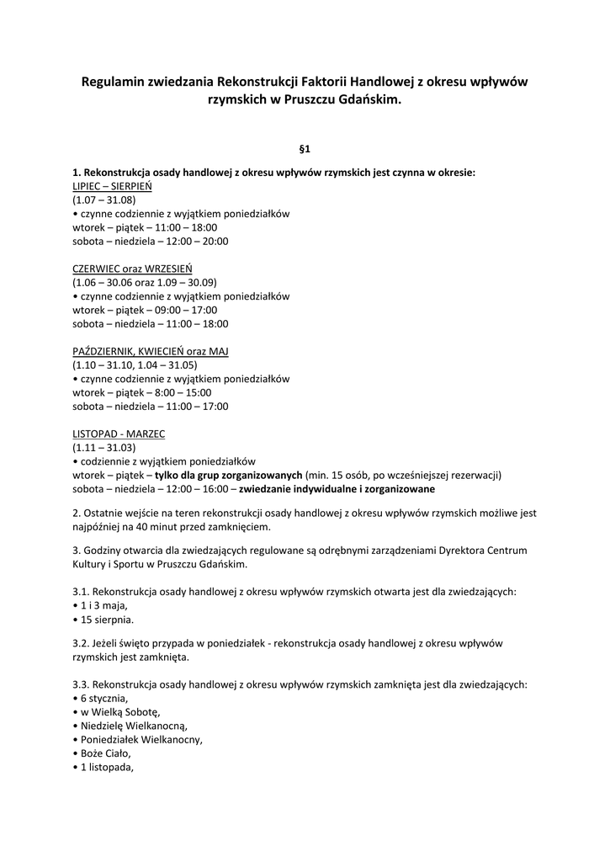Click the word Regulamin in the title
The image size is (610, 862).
pos(113,82)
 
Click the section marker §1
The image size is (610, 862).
pos(305,149)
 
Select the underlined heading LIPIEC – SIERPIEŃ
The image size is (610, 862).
pos(112,187)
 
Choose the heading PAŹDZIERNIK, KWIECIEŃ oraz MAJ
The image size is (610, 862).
pos(151,351)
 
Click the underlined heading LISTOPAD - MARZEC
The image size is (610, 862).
pos(119,434)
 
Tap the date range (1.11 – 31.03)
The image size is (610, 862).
pos(103,447)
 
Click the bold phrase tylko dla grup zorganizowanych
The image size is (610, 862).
pos(228,475)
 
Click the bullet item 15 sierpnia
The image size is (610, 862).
pos(107,619)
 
